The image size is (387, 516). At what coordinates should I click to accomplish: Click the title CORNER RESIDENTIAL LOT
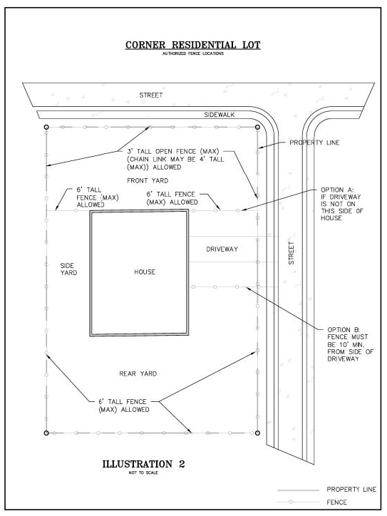(x=193, y=45)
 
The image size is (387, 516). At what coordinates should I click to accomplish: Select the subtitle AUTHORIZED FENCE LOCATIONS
(x=193, y=53)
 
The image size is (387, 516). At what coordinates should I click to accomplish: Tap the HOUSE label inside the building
(x=144, y=272)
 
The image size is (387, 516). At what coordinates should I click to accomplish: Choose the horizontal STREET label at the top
(x=150, y=95)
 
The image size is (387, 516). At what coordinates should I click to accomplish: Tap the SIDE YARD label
(x=68, y=268)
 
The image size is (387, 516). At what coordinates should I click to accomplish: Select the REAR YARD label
(x=138, y=373)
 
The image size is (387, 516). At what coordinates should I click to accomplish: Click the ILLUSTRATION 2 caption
(x=144, y=464)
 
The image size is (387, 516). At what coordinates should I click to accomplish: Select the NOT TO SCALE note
(x=144, y=473)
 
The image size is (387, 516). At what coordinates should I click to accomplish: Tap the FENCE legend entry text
(x=338, y=502)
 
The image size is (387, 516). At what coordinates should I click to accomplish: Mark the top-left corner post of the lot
(x=46, y=127)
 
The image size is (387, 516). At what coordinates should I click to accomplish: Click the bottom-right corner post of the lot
(x=257, y=432)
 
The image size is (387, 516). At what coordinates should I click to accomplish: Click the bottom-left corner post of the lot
(x=46, y=432)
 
